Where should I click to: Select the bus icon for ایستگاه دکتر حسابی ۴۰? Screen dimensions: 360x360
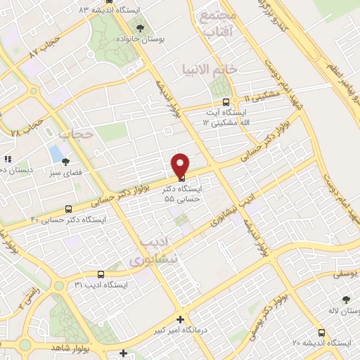click(68, 209)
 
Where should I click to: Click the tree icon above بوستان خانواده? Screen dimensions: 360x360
click(141, 28)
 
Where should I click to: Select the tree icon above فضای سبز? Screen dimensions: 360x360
click(65, 161)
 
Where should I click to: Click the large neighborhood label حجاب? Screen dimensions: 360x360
click(76, 133)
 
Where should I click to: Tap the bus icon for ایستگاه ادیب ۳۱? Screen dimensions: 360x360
click(101, 274)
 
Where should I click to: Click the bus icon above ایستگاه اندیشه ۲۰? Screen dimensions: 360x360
click(321, 333)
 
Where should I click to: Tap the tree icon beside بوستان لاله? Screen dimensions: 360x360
click(346, 299)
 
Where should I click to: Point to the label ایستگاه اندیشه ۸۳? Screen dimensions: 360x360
click(111, 10)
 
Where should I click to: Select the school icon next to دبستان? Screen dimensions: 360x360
click(8, 159)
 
